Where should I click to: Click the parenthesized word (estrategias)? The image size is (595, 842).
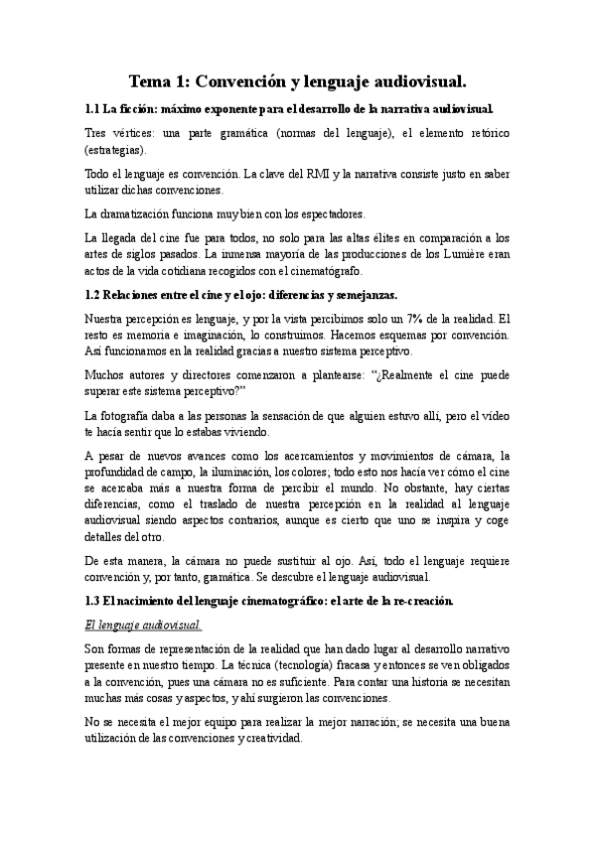[115, 149]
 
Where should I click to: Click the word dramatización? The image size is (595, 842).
[142, 213]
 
